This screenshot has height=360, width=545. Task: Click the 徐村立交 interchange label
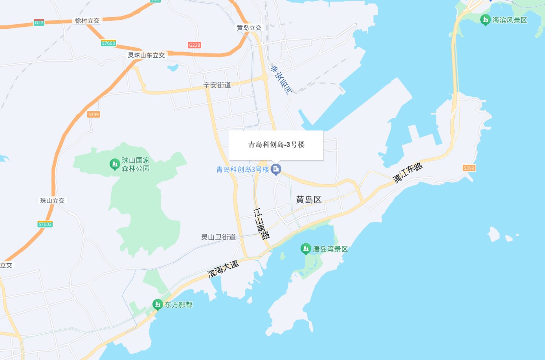(x=87, y=20)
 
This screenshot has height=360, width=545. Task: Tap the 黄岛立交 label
(x=249, y=28)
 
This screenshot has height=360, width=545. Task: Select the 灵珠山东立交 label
(x=146, y=55)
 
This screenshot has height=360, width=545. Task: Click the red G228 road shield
(x=195, y=45)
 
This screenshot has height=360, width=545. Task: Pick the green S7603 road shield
(x=108, y=43)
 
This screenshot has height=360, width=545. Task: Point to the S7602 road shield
(x=45, y=224)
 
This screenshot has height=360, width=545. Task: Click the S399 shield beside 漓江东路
(x=469, y=168)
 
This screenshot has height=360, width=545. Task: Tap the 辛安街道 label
(x=217, y=85)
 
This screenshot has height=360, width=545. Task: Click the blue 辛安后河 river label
(x=281, y=80)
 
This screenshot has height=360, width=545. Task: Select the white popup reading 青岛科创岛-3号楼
(x=276, y=145)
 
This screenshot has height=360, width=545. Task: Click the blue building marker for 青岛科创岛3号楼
(x=276, y=169)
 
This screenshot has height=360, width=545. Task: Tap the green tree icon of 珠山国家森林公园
(x=114, y=164)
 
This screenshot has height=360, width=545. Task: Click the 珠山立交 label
(x=52, y=200)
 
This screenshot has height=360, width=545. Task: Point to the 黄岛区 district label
(x=309, y=200)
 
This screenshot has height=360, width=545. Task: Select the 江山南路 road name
(x=261, y=224)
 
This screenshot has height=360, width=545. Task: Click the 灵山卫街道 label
(x=218, y=237)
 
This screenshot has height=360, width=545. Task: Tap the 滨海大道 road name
(x=223, y=269)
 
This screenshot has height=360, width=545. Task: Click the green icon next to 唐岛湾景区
(x=306, y=249)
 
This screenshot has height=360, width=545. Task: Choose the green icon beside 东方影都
(x=158, y=304)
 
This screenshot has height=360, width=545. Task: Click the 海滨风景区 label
(x=509, y=20)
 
